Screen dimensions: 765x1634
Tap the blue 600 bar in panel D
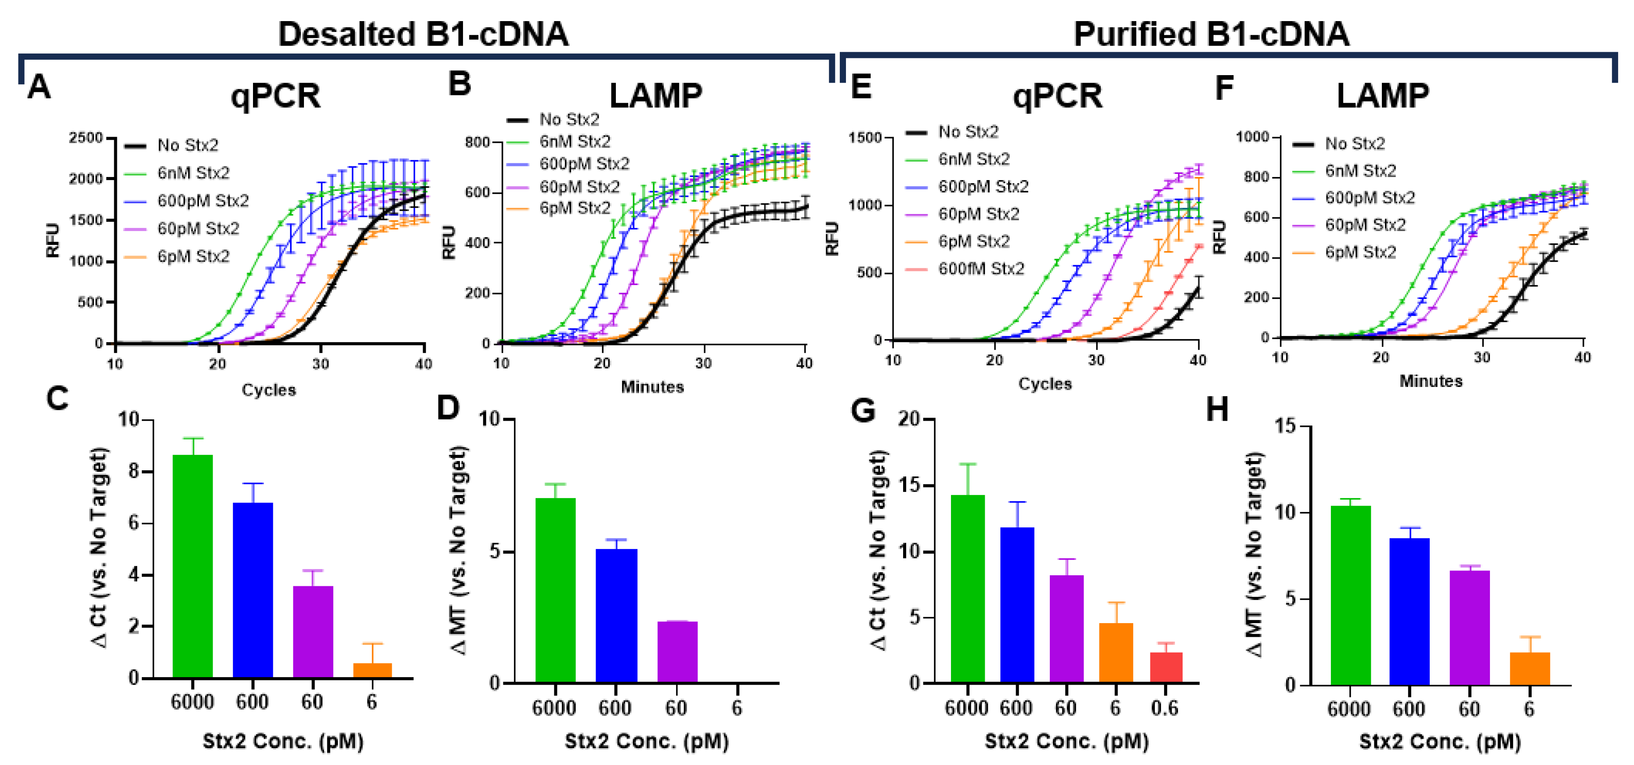[x=616, y=615]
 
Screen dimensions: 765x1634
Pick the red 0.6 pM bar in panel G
[x=1166, y=668]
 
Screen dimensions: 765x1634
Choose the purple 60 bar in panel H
[x=1469, y=628]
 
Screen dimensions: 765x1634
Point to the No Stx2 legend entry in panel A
[x=187, y=145]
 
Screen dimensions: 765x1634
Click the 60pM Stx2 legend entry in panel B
[x=579, y=187]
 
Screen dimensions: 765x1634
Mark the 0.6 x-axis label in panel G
[x=1164, y=708]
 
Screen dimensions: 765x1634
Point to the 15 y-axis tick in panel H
[x=1286, y=426]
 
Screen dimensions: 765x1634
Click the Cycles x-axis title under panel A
[x=268, y=390]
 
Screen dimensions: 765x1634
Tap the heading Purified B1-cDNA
[x=1211, y=34]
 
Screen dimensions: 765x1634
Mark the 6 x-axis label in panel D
[x=737, y=707]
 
